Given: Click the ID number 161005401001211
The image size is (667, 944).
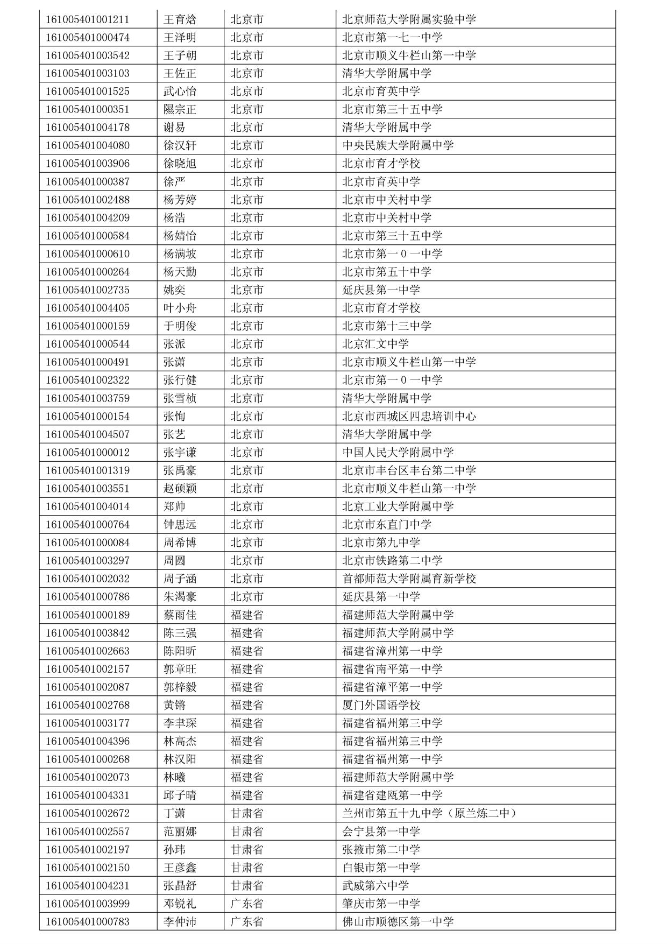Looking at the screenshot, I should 87,20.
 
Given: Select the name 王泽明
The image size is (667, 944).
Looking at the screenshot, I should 180,38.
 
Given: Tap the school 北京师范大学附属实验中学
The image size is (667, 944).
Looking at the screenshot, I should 409,20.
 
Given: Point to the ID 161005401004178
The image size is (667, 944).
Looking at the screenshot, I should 87,128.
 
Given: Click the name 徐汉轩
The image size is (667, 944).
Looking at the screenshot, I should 180,146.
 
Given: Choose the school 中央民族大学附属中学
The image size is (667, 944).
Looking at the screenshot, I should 398,146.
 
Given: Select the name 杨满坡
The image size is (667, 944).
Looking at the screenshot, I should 180,254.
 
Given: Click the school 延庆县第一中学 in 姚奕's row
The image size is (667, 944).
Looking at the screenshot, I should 381,290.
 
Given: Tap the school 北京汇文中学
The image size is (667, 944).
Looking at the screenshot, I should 375,344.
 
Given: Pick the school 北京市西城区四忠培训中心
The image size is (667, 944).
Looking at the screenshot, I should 409,417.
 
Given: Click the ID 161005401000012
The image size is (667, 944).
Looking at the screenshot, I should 87,453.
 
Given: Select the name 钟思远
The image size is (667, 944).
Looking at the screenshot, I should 180,525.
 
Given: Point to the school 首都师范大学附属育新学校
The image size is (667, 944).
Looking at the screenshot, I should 409,579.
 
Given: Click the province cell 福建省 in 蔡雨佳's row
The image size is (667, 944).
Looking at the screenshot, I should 247,615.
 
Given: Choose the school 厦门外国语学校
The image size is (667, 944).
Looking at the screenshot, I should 381,705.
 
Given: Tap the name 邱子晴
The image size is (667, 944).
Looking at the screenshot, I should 180,795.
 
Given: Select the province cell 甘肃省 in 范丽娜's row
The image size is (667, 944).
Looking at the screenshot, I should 247,832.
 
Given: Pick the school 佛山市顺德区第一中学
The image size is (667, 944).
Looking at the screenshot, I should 398,922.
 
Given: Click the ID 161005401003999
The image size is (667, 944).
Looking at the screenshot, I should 87,904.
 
